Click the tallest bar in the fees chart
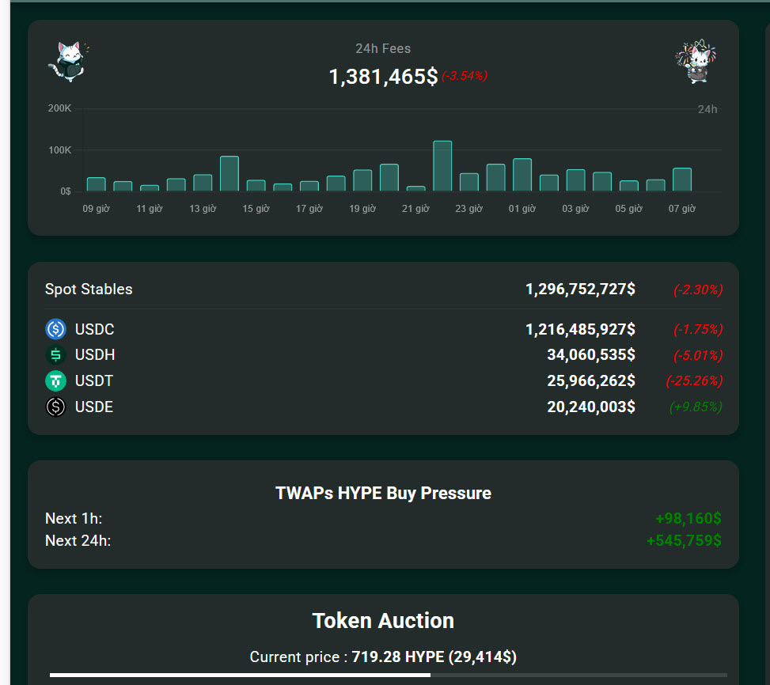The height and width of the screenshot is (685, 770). coord(442,166)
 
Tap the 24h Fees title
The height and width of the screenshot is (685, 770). coord(383,48)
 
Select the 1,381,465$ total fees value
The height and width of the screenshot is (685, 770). coord(383,77)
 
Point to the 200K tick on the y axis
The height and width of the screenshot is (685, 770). coord(59,108)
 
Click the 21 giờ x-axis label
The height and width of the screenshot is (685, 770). coord(415,209)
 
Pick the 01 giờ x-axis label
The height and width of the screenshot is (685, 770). coord(522,209)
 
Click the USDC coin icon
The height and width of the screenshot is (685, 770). coord(55,329)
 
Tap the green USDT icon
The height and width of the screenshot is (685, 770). coord(55,381)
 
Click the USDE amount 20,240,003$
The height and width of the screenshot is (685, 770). coord(590,407)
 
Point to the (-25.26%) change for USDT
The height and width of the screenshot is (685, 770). coord(694,381)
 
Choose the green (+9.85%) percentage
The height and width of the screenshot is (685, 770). coord(696,407)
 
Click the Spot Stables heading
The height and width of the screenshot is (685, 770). coord(89,290)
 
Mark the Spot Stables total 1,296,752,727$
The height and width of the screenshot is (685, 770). coord(580,290)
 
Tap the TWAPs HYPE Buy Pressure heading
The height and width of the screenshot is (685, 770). coord(383,494)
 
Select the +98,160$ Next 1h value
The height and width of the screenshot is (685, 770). coord(688,519)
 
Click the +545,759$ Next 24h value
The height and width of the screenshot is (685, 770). coord(684,541)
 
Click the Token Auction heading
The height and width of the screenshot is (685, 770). coord(383,621)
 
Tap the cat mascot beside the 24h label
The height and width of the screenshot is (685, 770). coord(695,62)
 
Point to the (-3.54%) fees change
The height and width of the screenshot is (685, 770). coord(465,76)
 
